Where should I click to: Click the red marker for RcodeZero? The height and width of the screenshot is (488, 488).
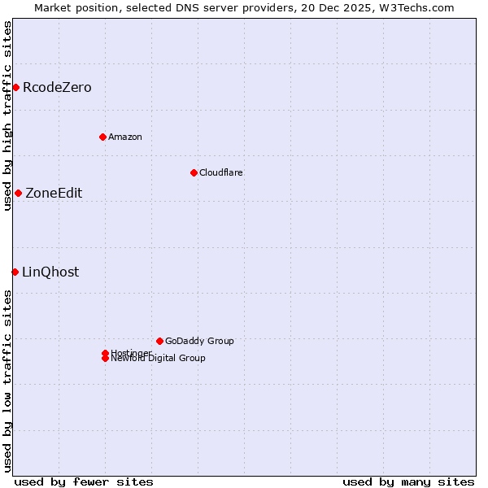point(15,87)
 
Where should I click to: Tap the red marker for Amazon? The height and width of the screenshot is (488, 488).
point(102,137)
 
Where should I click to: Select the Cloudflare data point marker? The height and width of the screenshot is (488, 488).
point(194,172)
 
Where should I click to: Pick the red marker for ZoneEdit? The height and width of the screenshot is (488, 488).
point(18,193)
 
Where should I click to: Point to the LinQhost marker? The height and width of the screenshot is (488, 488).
point(15,272)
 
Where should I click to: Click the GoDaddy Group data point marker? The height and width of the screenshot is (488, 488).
point(159,341)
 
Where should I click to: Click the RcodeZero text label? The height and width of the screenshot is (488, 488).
point(57,88)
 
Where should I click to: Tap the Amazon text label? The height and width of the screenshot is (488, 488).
point(125,137)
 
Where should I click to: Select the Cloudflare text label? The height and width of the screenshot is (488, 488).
point(221,172)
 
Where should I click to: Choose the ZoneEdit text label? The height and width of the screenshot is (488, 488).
point(54,194)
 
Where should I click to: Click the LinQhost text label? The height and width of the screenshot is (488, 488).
point(50,272)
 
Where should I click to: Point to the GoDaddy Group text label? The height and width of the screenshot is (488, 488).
point(199,341)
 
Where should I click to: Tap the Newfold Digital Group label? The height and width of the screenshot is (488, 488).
point(159,359)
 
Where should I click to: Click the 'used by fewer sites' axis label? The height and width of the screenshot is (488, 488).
point(84,481)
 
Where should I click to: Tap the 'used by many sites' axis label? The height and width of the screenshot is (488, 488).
point(408,481)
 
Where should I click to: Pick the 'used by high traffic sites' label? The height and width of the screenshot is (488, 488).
point(8,115)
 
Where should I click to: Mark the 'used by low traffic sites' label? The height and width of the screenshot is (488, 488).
point(8,380)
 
